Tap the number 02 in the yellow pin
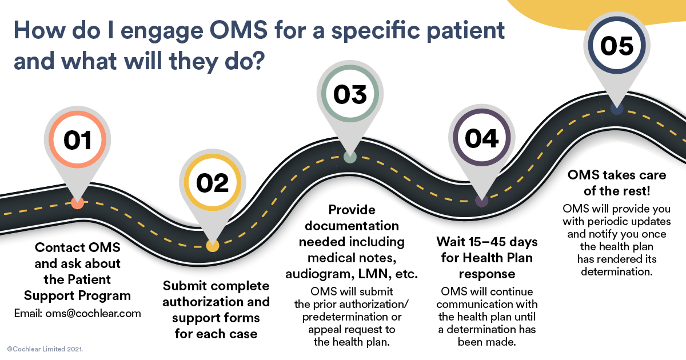212,183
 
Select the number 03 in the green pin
350,95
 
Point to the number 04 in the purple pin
481,139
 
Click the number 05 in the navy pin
617,46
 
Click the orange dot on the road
78,202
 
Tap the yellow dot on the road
212,246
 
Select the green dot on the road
350,157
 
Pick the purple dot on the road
481,201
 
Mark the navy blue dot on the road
616,108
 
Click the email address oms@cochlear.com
77,313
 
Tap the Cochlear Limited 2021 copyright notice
45,348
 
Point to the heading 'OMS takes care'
616,175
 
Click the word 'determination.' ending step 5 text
616,271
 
